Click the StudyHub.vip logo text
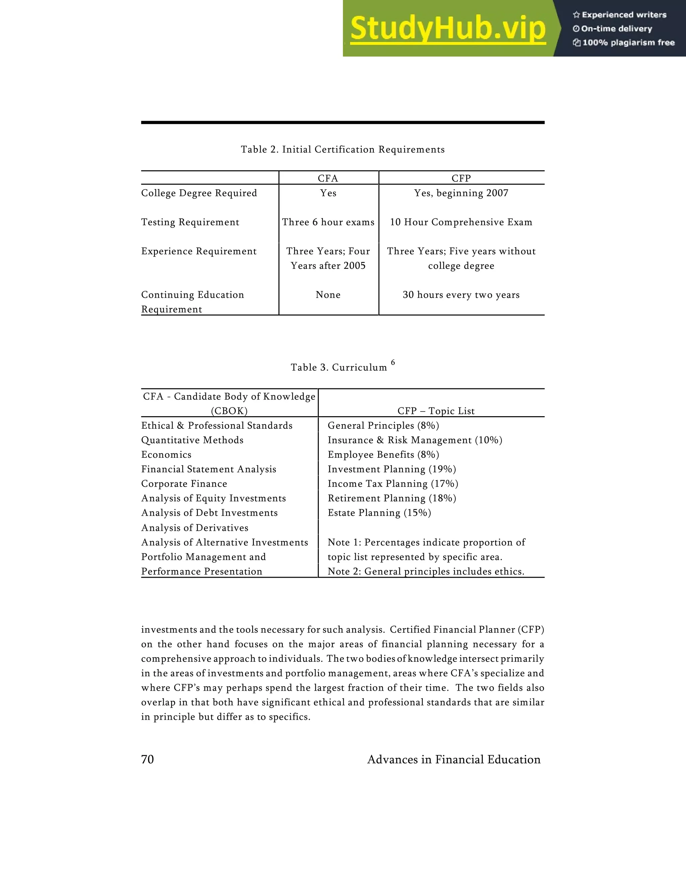pyautogui.click(x=448, y=29)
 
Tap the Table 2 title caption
pyautogui.click(x=343, y=150)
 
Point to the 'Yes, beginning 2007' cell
pyautogui.click(x=461, y=193)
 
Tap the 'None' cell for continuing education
pyautogui.click(x=328, y=295)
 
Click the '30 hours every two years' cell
pyautogui.click(x=461, y=295)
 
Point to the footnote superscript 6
pyautogui.click(x=393, y=362)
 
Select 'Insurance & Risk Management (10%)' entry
pyautogui.click(x=415, y=440)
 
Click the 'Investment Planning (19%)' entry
pyautogui.click(x=392, y=469)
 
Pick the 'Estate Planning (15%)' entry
pyautogui.click(x=379, y=513)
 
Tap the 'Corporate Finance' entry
pyautogui.click(x=184, y=484)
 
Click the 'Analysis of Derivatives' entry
pyautogui.click(x=195, y=528)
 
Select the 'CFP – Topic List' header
pyautogui.click(x=436, y=411)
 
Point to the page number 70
pyautogui.click(x=147, y=760)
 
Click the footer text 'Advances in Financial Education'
pyautogui.click(x=454, y=760)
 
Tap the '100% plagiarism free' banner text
pyautogui.click(x=628, y=43)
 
